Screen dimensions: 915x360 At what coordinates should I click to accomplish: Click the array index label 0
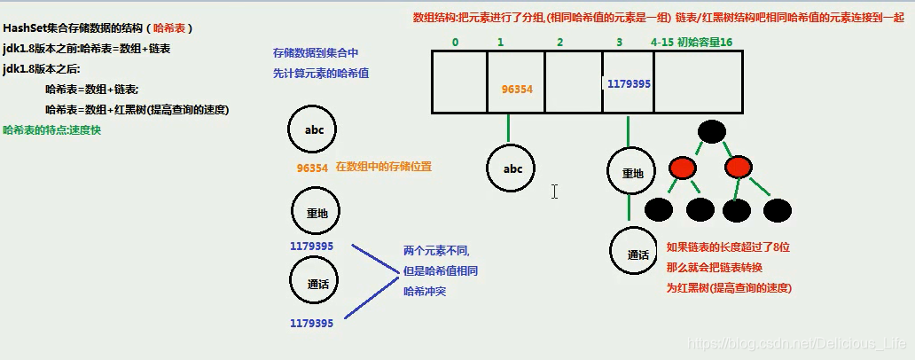tap(455, 42)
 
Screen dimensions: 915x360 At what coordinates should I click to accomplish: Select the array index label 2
tap(559, 42)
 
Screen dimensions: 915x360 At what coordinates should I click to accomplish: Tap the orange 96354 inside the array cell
tap(517, 90)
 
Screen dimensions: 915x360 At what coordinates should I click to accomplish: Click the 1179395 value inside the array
tap(629, 84)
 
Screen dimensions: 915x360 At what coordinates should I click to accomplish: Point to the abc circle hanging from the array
tap(512, 169)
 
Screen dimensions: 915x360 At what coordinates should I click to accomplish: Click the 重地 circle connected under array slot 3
tap(631, 173)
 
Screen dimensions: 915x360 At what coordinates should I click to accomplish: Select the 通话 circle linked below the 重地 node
tap(638, 254)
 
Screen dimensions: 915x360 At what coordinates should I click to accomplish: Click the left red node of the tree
tap(683, 167)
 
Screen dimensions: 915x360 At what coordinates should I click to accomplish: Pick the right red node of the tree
tap(738, 167)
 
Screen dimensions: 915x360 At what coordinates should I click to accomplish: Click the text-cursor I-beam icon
tap(554, 192)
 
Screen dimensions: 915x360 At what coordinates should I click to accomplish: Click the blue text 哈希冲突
tap(425, 291)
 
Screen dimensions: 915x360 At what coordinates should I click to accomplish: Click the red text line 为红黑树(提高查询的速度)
tap(728, 288)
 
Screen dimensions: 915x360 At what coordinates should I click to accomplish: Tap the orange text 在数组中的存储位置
tap(383, 167)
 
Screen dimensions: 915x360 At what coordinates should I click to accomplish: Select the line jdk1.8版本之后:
tap(41, 69)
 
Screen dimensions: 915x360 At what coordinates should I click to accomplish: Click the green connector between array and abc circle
tap(509, 129)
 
